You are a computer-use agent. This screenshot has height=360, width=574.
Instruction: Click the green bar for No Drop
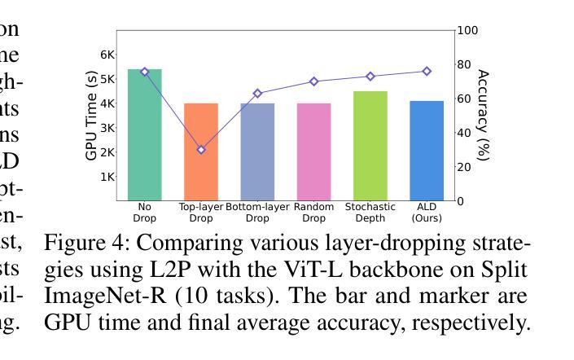click(145, 134)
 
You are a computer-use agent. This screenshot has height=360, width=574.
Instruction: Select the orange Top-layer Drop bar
click(201, 151)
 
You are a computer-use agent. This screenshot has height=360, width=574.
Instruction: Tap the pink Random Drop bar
click(313, 151)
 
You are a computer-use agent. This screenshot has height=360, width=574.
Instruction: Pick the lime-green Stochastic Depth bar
click(370, 145)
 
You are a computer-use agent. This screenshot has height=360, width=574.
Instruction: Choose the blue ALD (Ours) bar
click(427, 151)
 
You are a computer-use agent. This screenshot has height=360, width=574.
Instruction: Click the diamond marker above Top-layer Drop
click(201, 150)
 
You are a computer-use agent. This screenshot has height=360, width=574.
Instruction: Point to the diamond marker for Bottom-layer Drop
click(257, 94)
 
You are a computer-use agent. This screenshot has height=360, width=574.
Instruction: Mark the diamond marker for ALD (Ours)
click(427, 72)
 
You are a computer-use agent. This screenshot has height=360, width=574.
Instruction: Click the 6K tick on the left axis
click(107, 55)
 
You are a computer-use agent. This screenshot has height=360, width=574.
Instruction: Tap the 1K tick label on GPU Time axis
click(107, 177)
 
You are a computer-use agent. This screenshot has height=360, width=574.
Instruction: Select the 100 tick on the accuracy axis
click(467, 31)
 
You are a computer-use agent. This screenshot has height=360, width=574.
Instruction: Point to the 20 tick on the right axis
click(464, 167)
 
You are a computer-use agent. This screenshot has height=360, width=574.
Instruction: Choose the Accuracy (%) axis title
click(483, 115)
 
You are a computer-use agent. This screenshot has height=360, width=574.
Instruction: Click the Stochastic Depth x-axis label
click(370, 213)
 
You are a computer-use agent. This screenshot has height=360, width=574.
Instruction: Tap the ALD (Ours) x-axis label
click(427, 213)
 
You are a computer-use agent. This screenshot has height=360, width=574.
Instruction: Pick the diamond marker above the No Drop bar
click(145, 72)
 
